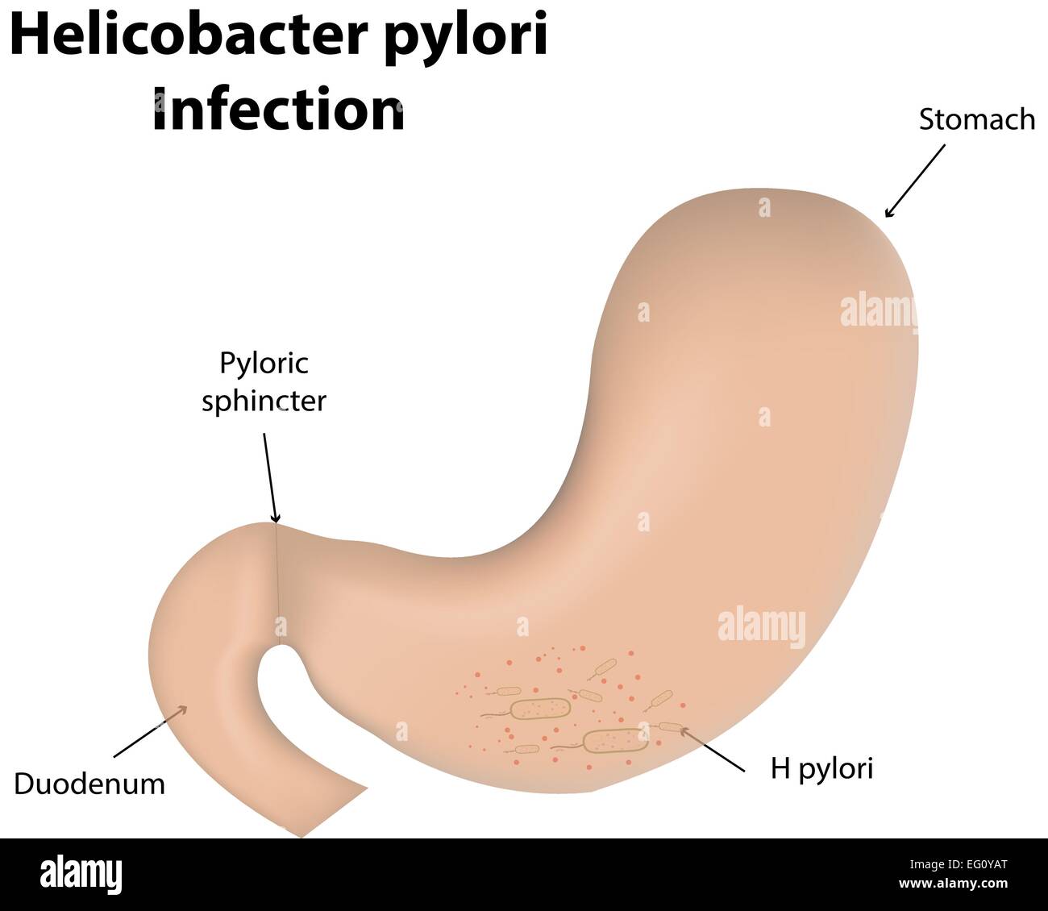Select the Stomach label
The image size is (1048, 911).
click(x=976, y=119)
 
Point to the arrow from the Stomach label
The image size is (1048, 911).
click(x=914, y=181)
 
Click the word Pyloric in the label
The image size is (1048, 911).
click(x=264, y=363)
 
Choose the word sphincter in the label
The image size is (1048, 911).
click(x=264, y=401)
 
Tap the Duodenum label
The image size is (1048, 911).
click(x=89, y=784)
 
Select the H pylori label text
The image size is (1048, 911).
click(x=821, y=769)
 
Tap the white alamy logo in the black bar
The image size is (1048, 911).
click(x=81, y=875)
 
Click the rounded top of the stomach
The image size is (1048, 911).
click(x=766, y=202)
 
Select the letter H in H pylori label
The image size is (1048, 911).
click(x=779, y=768)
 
